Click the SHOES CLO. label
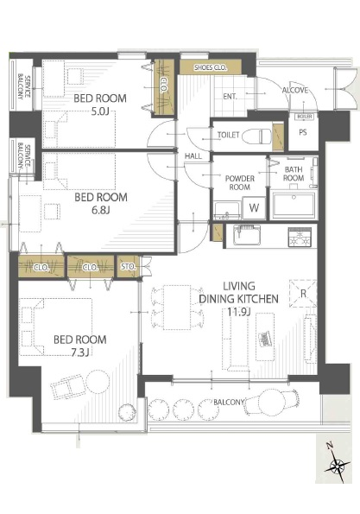tap(211, 67)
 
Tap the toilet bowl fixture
tap(257, 136)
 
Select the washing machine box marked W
tap(254, 207)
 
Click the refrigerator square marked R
tap(303, 294)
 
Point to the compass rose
tap(337, 465)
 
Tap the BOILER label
tap(305, 117)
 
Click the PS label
tap(303, 132)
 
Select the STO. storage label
tap(128, 267)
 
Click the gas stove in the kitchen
tap(300, 237)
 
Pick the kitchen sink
tap(247, 235)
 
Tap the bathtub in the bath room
tap(294, 206)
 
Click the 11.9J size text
tap(239, 312)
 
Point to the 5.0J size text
tap(100, 111)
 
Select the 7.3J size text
tap(80, 352)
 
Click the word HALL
tap(193, 156)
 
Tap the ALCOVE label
tap(295, 90)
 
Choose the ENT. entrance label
tap(230, 97)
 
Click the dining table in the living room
tap(177, 308)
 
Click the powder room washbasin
tap(227, 210)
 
